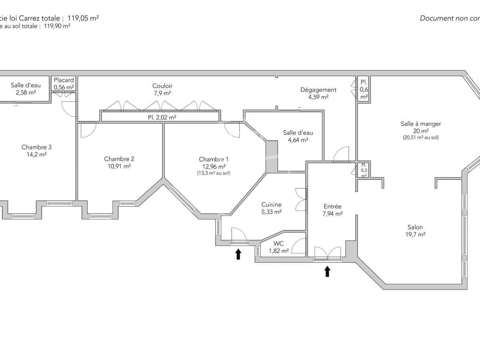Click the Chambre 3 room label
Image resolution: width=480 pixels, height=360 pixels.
[x=36, y=147]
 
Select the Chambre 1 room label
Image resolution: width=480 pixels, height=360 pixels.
[x=214, y=159]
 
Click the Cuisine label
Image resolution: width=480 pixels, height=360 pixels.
[x=272, y=204]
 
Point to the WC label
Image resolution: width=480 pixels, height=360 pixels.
[x=279, y=244]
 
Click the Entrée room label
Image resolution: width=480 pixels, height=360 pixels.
[x=332, y=206]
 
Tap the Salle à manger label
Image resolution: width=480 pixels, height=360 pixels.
[x=420, y=124]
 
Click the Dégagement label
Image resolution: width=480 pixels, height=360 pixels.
[x=318, y=90]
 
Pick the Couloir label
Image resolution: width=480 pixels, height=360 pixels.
[x=162, y=86]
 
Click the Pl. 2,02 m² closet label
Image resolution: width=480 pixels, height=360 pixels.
[x=159, y=117]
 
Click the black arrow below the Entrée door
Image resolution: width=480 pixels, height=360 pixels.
[x=327, y=272]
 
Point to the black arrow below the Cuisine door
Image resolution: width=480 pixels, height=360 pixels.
[x=238, y=254]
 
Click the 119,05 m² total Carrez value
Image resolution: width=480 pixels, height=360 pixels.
[x=83, y=18]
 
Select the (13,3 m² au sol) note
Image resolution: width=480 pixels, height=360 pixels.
[x=214, y=173]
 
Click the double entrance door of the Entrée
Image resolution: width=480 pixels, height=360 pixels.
[x=327, y=253]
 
